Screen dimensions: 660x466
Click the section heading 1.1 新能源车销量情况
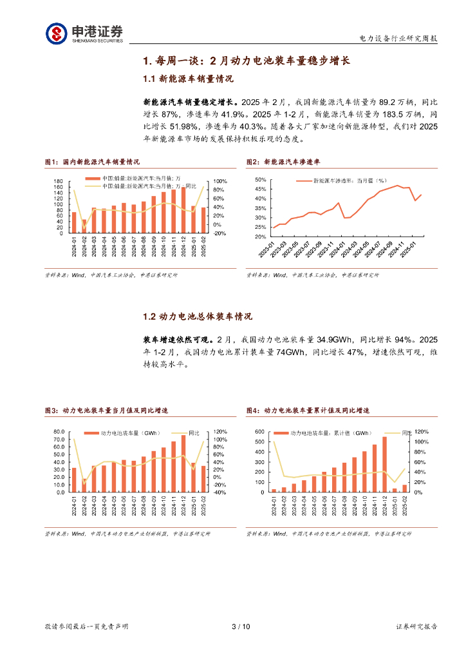(x=187, y=79)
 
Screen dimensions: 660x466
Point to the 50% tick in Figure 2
(x=261, y=180)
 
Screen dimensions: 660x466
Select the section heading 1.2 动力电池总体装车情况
(x=196, y=316)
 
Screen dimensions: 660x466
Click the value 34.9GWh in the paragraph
(x=335, y=339)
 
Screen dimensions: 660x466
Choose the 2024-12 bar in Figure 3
(x=183, y=463)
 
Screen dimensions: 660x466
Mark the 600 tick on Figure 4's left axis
(x=259, y=432)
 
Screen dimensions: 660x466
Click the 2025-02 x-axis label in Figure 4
(x=405, y=506)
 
